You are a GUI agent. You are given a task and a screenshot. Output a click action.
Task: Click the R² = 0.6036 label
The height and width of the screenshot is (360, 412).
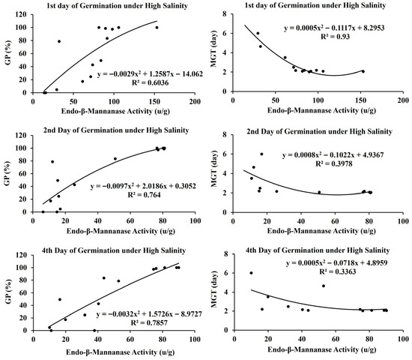click(150, 83)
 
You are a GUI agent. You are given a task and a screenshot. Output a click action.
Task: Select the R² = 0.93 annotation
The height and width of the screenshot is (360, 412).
click(335, 37)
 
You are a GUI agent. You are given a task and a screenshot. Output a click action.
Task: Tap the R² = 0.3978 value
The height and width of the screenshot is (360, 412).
click(333, 163)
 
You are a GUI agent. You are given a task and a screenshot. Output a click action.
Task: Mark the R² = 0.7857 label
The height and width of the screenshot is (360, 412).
click(149, 322)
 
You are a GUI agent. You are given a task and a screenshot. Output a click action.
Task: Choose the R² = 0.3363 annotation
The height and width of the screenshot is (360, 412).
click(338, 271)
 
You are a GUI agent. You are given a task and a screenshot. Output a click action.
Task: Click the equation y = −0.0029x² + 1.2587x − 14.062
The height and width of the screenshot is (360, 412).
click(150, 74)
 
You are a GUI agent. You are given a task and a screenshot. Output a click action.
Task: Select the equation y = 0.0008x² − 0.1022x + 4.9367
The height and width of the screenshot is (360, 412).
click(333, 155)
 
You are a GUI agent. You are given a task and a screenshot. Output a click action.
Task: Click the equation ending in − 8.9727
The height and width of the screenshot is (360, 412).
click(149, 314)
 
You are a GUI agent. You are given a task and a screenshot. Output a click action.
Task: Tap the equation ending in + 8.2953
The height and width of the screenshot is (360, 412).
click(334, 28)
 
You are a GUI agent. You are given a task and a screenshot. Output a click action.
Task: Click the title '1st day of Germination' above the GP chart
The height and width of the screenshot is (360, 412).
click(117, 6)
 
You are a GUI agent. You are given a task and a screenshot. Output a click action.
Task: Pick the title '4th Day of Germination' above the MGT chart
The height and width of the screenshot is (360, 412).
click(318, 250)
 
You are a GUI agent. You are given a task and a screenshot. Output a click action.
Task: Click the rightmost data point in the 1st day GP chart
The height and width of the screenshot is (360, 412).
click(157, 27)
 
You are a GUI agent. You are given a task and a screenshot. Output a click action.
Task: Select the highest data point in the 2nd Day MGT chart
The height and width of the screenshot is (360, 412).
click(261, 154)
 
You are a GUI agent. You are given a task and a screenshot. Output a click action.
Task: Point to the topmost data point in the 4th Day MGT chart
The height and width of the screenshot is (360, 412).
click(251, 273)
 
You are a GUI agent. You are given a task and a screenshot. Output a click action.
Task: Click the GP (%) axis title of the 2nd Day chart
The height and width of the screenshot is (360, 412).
click(8, 173)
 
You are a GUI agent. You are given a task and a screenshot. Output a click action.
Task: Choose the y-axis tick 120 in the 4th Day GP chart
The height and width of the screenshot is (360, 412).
click(21, 255)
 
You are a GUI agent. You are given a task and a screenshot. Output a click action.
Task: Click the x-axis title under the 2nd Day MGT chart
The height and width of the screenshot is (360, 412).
click(321, 231)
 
